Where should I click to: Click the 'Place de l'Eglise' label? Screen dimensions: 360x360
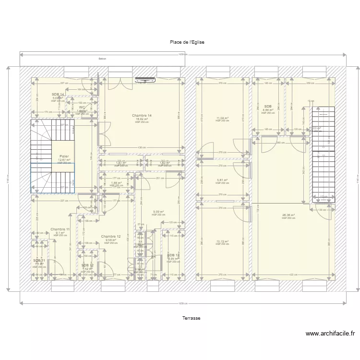187,42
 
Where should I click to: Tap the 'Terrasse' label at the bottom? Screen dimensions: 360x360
191,318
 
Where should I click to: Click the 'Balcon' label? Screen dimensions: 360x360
102,59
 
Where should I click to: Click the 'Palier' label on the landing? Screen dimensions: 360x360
64,156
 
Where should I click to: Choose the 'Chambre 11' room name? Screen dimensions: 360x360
60,229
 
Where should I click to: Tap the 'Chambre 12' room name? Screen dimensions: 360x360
111,237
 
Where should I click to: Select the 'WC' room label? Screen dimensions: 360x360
82,108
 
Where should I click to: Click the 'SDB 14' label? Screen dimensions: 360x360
58,95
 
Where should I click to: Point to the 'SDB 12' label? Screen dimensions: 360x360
87,265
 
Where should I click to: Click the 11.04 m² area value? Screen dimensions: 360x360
222,118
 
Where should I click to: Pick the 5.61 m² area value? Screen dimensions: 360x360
222,180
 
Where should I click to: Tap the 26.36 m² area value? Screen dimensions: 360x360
288,215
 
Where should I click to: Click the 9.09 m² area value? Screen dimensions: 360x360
158,212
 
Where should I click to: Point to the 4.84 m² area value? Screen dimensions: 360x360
268,110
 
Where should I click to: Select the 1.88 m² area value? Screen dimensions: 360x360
115,182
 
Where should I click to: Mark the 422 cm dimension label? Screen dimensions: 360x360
292,275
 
